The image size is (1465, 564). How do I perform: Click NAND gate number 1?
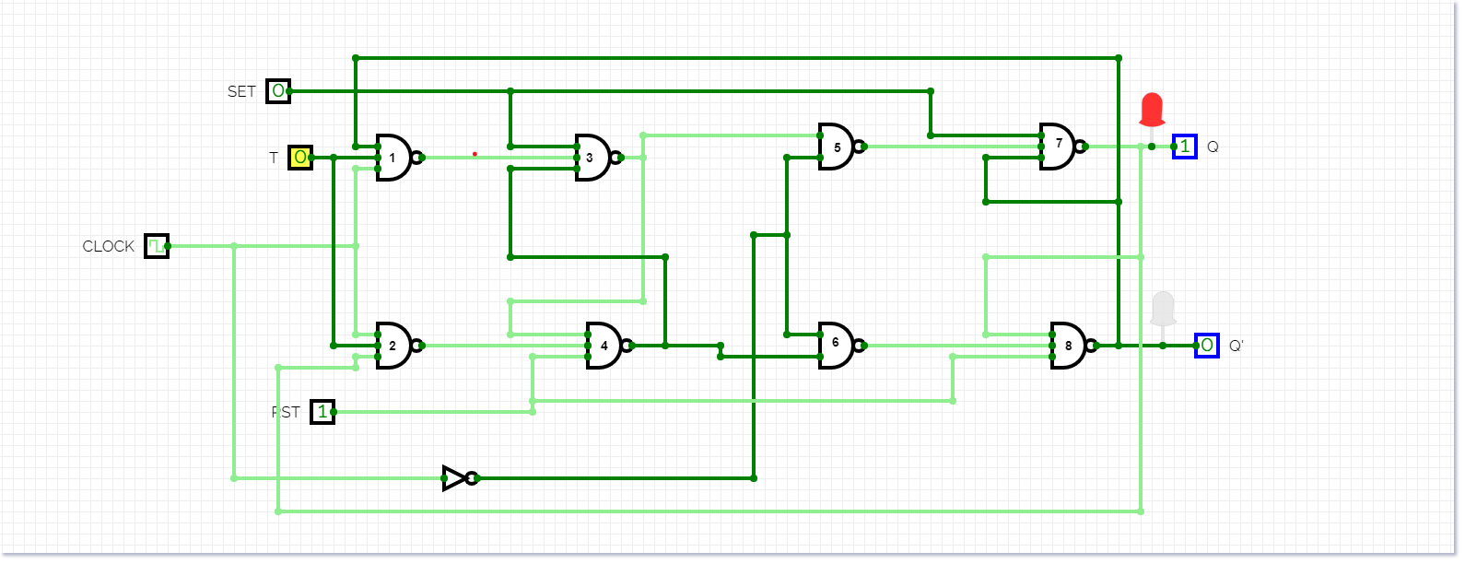[x=394, y=158]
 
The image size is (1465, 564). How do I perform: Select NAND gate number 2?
[x=394, y=346]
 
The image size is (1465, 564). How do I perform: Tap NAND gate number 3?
[x=592, y=158]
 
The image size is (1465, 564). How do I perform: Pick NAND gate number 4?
[x=604, y=346]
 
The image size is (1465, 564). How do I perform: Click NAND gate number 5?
[x=837, y=147]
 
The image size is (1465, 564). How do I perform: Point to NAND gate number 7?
[x=1058, y=147]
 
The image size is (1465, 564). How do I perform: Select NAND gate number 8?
[x=1069, y=346]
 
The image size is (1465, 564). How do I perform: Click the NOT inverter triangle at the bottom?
[x=455, y=478]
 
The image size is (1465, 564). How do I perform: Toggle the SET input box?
[x=278, y=91]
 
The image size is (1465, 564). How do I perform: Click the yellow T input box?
[x=300, y=158]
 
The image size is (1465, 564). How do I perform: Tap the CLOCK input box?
[x=157, y=246]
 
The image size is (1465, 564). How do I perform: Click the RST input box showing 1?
[x=322, y=412]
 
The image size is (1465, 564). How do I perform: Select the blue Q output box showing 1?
[x=1185, y=147]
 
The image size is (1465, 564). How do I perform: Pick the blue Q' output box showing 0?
[x=1207, y=346]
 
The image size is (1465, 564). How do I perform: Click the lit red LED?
[x=1152, y=109]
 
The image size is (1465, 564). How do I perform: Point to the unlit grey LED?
[x=1163, y=308]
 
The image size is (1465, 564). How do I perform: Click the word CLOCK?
[x=109, y=246]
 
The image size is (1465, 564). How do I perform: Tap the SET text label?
[x=241, y=91]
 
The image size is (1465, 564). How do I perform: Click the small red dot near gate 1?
[x=475, y=154]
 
